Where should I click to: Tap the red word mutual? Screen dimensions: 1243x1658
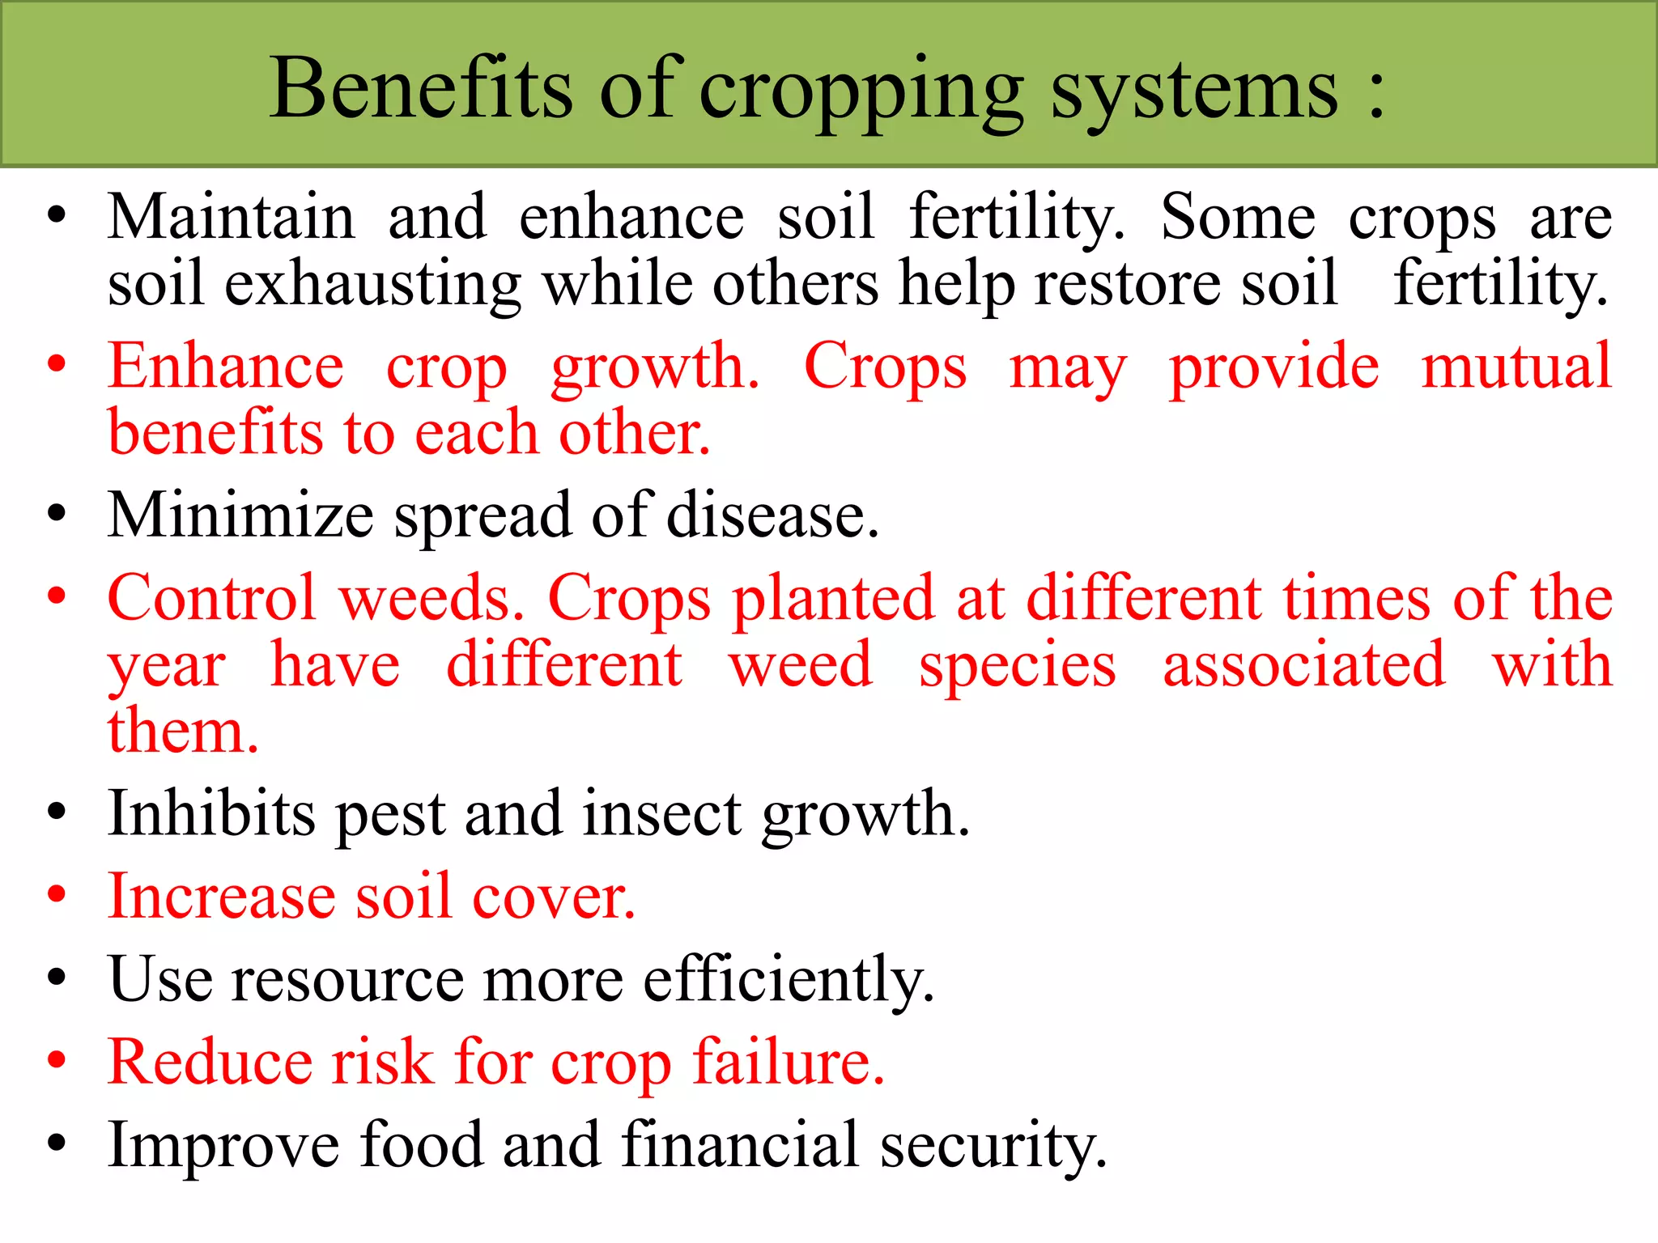click(1516, 366)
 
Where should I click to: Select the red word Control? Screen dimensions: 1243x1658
click(211, 598)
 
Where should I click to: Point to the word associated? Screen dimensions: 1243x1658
click(1303, 665)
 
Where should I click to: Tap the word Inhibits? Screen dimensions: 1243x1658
click(211, 813)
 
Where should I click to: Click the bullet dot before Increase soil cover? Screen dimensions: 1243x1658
click(56, 895)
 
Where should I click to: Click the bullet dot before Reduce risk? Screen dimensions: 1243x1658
click(56, 1060)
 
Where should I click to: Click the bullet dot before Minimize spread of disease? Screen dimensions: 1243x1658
click(56, 514)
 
